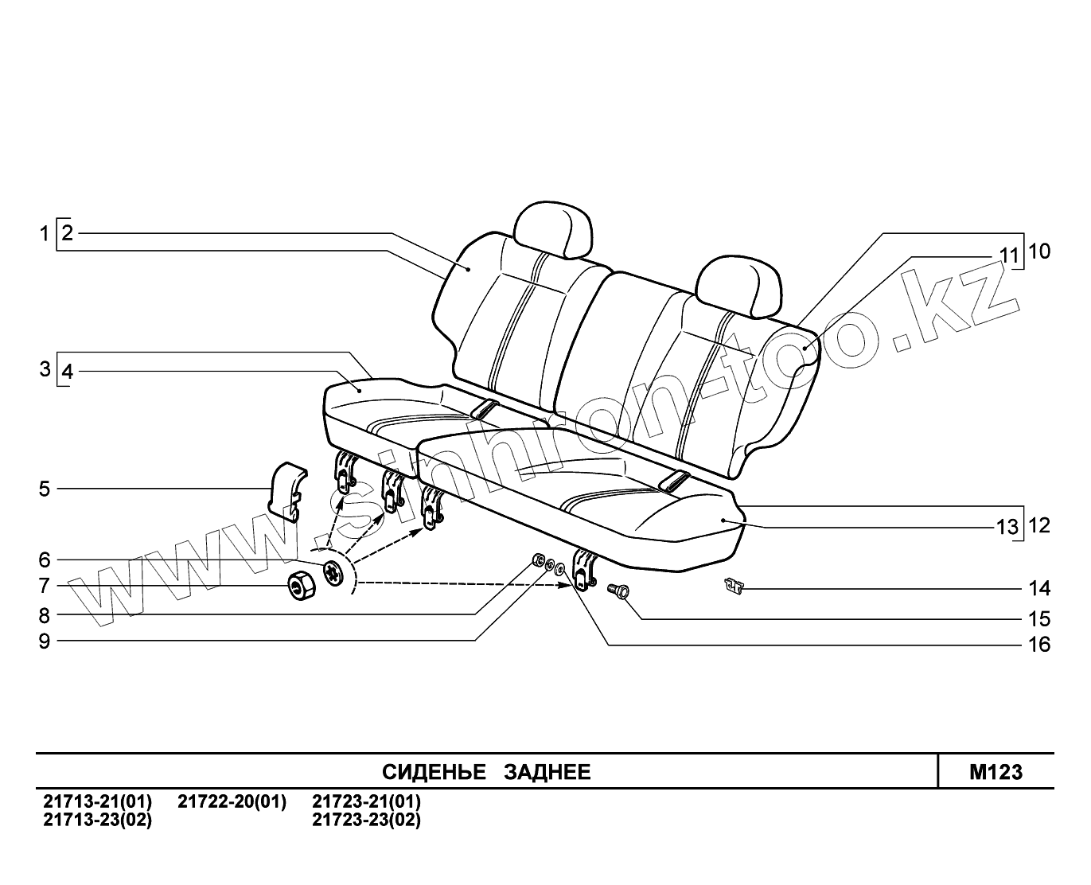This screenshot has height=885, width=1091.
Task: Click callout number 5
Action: [x=45, y=489]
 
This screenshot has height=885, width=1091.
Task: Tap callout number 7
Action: [x=45, y=587]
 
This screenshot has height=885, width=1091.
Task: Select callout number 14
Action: [x=1039, y=589]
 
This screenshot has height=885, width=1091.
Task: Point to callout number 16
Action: [x=1039, y=644]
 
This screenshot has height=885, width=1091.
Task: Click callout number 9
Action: [x=45, y=641]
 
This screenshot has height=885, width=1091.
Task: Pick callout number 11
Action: [x=1009, y=255]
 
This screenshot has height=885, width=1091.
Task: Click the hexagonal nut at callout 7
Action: [x=302, y=587]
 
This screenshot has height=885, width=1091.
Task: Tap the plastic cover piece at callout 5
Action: [x=284, y=489]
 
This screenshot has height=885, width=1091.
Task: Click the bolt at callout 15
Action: [x=619, y=591]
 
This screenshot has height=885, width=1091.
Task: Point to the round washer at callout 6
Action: [x=333, y=572]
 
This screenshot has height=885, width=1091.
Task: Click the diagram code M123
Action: [x=996, y=772]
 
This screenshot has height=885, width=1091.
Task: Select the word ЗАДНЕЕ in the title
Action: [x=547, y=772]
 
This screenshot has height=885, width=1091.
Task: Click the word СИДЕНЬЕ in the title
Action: [x=434, y=772]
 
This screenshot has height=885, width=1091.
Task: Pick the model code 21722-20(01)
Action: [x=232, y=801]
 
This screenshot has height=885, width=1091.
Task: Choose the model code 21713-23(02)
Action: [x=97, y=820]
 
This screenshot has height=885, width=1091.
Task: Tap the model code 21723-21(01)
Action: [x=366, y=801]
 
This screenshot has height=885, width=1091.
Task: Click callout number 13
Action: [x=1007, y=527]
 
